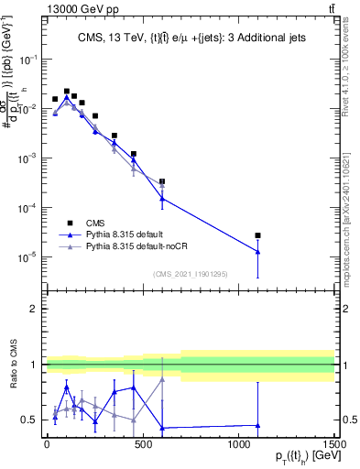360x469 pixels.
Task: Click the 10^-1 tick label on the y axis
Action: (x=26, y=59)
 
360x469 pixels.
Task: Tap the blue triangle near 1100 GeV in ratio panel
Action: (x=258, y=425)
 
